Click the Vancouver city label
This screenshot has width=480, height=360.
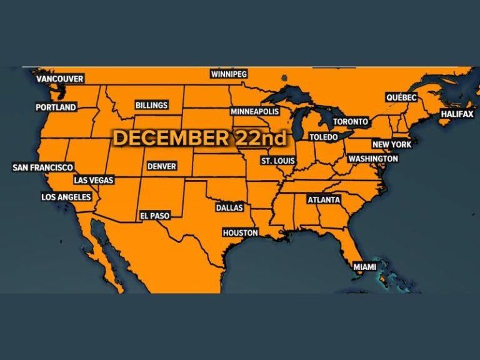tap(60, 79)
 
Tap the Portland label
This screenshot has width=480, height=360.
tap(56, 107)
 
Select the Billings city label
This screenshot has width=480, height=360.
tap(151, 106)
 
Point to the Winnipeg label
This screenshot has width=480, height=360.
tap(229, 74)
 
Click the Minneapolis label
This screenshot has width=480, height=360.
tap(254, 111)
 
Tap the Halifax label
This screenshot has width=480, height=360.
tap(457, 114)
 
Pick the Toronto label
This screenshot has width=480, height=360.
tap(351, 121)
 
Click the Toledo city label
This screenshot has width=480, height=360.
tap(323, 137)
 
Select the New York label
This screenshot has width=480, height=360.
tap(392, 144)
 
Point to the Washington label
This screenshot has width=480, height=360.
tap(373, 159)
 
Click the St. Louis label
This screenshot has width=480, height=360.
tap(277, 161)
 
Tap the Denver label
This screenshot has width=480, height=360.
tap(161, 166)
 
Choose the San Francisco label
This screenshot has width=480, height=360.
tap(43, 167)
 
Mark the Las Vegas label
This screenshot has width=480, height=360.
tap(94, 180)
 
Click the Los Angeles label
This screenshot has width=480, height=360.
tap(66, 197)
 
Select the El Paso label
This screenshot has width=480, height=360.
tap(154, 215)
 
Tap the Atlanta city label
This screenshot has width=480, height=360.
tap(324, 200)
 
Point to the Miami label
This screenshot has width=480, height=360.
tap(365, 267)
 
